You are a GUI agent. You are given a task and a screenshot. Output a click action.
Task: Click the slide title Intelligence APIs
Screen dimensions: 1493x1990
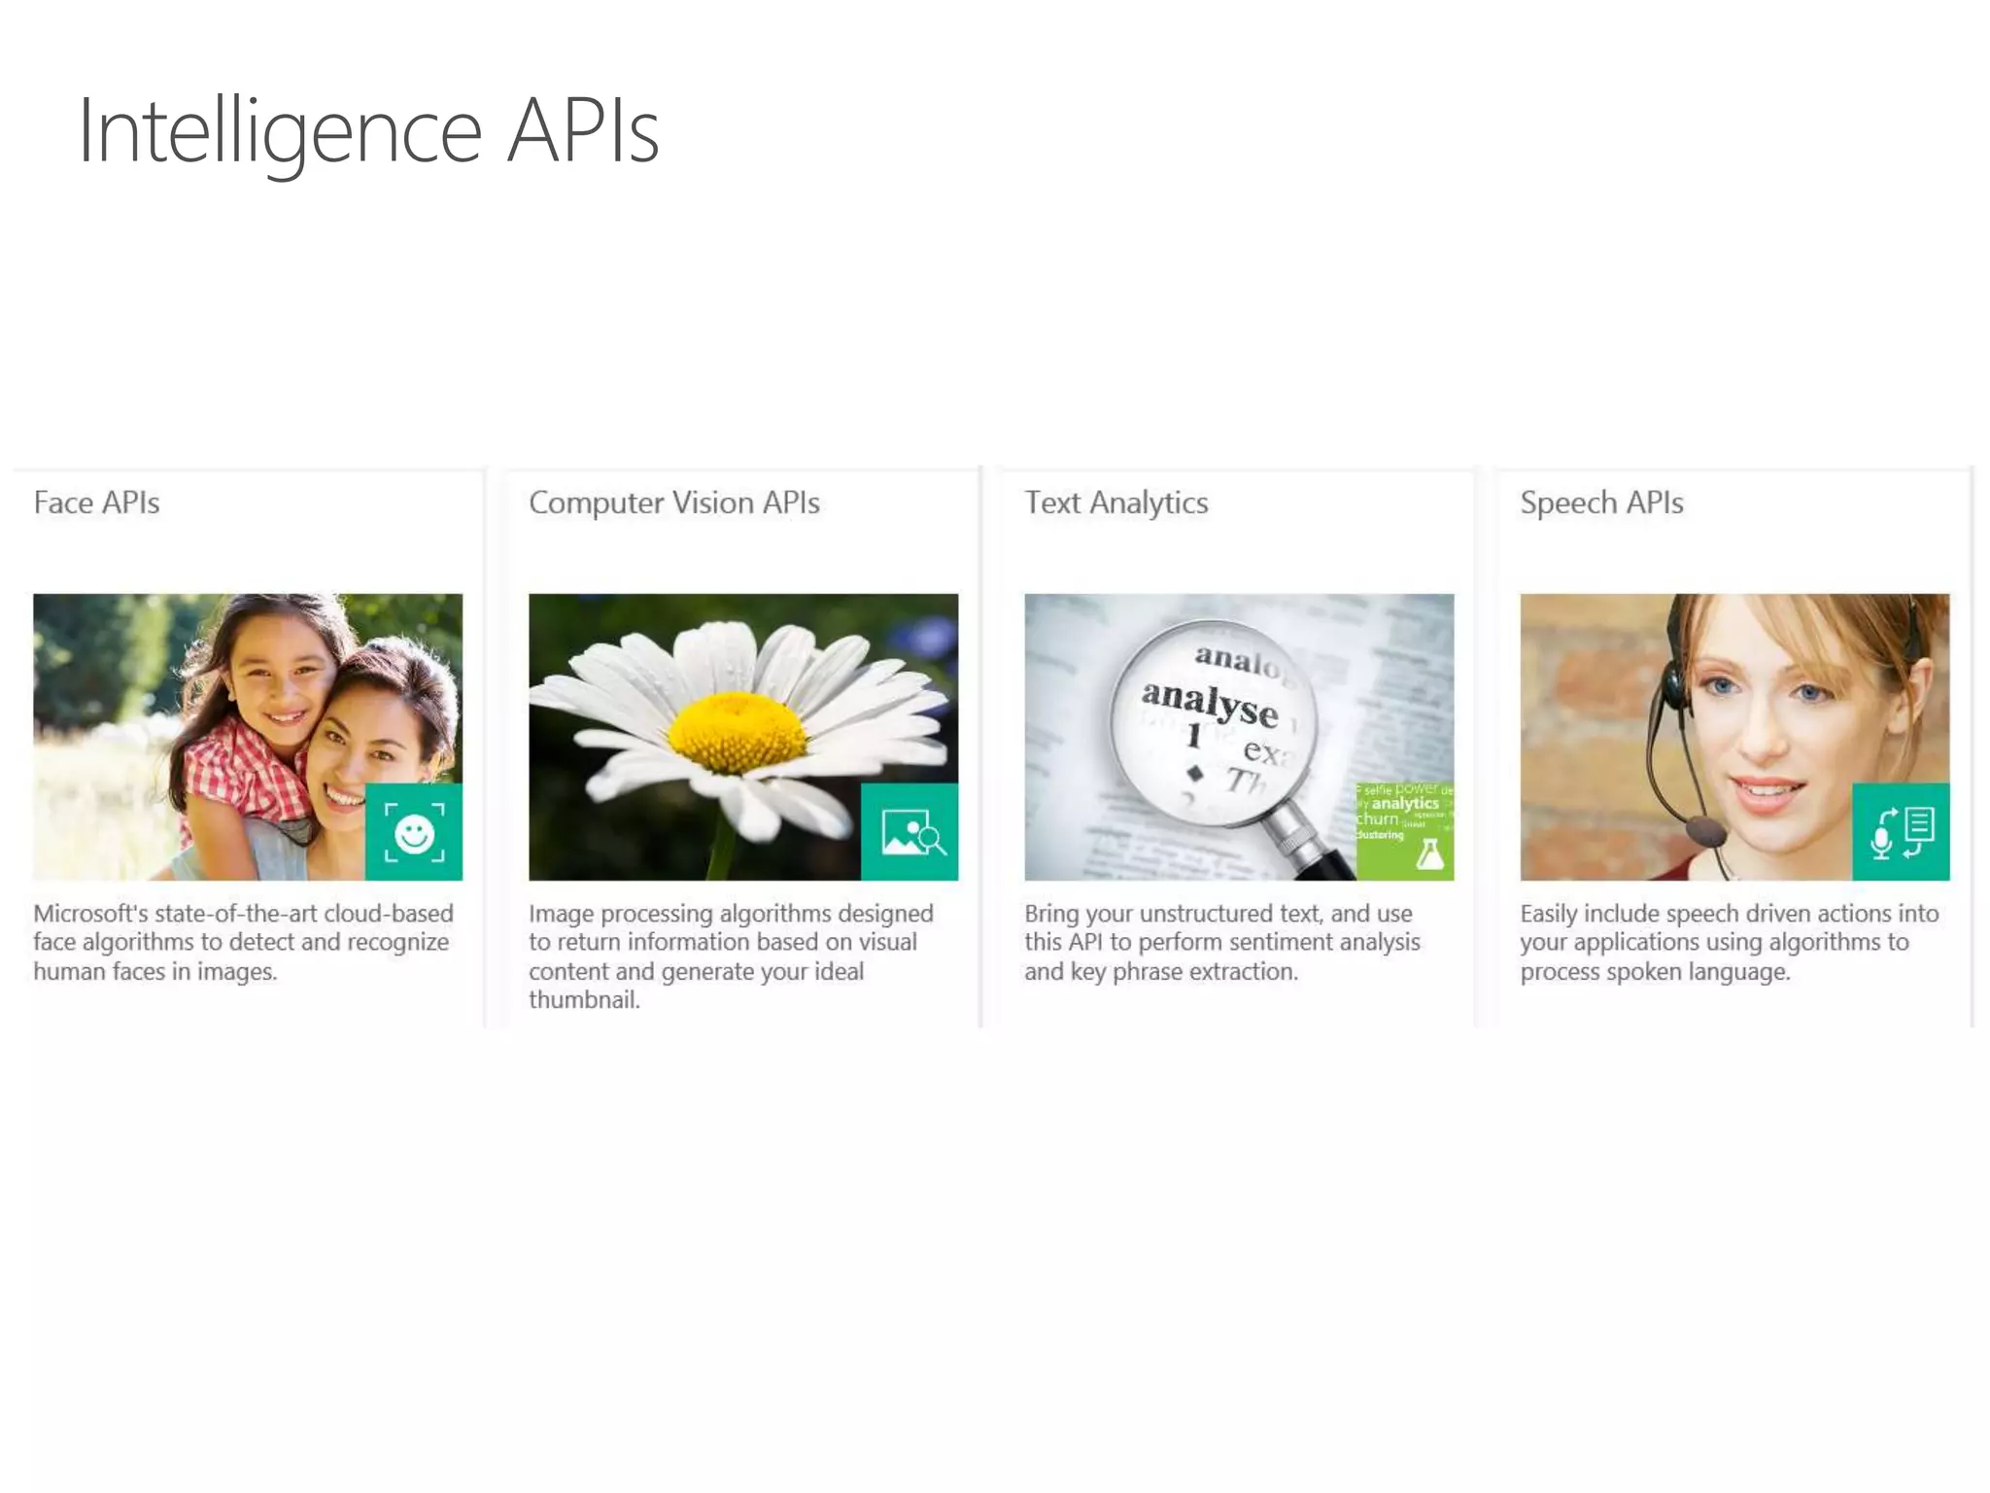click(368, 131)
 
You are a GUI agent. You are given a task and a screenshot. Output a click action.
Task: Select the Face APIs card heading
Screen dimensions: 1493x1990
click(96, 503)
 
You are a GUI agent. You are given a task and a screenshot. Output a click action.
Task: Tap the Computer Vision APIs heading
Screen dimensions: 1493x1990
click(673, 503)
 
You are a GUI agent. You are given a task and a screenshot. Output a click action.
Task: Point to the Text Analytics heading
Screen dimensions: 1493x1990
click(1115, 503)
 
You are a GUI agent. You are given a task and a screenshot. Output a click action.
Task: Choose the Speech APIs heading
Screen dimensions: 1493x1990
click(1600, 503)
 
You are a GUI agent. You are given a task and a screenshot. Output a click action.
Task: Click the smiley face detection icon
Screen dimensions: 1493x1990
click(414, 833)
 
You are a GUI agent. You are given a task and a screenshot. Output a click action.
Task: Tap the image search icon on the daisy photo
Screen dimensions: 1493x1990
click(910, 833)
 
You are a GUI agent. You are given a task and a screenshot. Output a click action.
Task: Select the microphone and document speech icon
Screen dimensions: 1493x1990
click(1902, 833)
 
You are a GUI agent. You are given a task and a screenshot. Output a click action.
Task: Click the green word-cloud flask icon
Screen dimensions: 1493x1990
click(1429, 854)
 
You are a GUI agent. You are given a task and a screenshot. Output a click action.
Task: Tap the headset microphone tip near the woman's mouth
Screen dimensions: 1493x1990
click(1703, 832)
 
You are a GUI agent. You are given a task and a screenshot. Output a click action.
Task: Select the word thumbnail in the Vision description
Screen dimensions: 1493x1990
click(583, 1000)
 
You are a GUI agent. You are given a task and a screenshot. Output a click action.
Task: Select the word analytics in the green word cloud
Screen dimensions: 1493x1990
click(1405, 804)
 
